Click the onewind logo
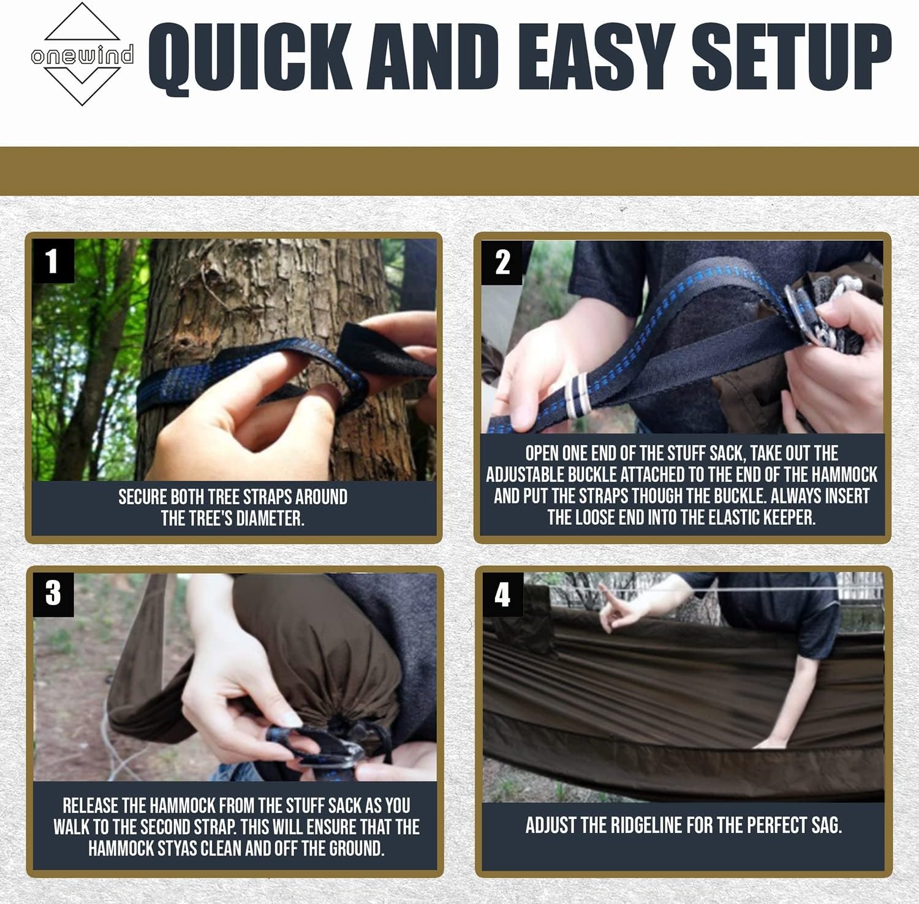[82, 54]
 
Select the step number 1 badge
[53, 261]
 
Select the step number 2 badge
[502, 263]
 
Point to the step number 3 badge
[53, 593]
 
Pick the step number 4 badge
[502, 594]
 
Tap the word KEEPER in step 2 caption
[789, 518]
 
